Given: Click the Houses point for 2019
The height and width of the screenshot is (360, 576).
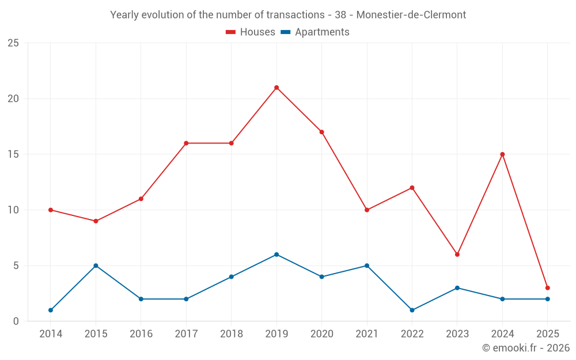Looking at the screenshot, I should click(276, 88).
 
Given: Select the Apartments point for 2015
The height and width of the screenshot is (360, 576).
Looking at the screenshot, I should click(96, 266).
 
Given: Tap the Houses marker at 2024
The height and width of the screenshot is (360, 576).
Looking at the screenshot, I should click(502, 154).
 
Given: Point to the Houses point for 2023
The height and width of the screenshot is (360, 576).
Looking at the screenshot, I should click(457, 255).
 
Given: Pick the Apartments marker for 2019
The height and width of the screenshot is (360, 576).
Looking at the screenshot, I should click(276, 255).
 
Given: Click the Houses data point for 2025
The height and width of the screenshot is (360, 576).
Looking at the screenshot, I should click(547, 288).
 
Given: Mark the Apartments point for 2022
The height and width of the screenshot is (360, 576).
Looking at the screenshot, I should click(412, 310).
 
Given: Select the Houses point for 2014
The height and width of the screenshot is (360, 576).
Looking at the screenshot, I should click(51, 210).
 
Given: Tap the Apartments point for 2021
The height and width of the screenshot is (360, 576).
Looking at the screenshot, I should click(367, 266).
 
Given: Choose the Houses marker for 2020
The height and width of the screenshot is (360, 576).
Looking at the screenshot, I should click(321, 132).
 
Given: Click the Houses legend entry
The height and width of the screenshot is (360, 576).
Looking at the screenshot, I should click(251, 32).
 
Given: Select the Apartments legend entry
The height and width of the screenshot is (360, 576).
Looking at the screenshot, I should click(315, 32).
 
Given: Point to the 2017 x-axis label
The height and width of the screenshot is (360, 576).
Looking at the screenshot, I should click(186, 334).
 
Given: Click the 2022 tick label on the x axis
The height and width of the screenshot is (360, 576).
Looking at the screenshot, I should click(412, 334).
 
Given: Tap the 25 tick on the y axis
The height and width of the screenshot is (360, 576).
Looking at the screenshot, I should click(13, 43).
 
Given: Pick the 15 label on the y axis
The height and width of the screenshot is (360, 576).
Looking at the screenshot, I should click(13, 154).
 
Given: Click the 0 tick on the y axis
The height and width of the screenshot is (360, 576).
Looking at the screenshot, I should click(16, 321).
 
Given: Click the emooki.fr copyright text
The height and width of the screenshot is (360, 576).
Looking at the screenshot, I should click(525, 348).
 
